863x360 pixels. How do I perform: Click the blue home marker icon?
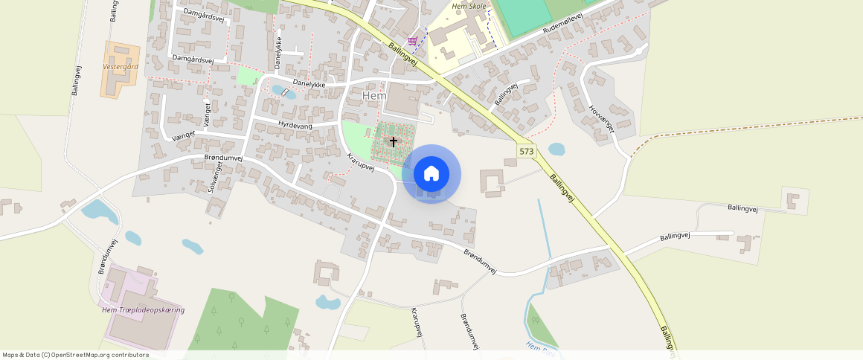tap(431, 174)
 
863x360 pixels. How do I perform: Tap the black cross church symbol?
tap(394, 141)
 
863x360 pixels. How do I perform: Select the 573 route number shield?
tap(527, 151)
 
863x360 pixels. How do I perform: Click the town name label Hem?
tap(374, 97)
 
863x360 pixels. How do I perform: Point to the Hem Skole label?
tap(469, 7)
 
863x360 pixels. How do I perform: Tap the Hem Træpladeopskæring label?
tap(143, 309)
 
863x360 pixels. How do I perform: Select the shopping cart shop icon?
tap(412, 41)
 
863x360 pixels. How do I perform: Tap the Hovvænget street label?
tap(602, 118)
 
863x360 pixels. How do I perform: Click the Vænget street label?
tap(183, 134)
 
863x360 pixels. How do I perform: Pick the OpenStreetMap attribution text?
tap(75, 355)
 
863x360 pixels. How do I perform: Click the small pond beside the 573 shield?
tap(556, 149)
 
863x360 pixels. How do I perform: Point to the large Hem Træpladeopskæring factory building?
tap(145, 327)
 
